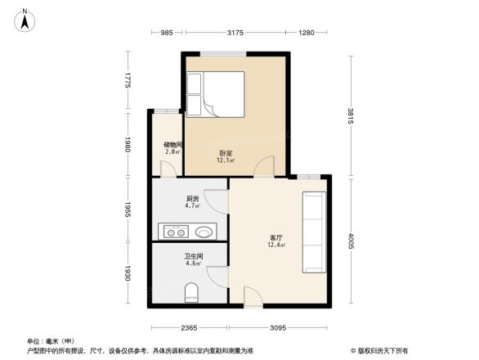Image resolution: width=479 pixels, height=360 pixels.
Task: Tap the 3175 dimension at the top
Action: pos(235,33)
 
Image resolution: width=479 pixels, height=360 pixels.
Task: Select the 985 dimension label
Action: pos(166,33)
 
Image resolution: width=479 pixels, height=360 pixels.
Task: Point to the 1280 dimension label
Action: pos(307,33)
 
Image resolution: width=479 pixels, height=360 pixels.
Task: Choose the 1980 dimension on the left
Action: pos(128,146)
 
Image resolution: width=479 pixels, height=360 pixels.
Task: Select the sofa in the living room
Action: pos(314,232)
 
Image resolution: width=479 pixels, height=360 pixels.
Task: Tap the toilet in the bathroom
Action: pos(192,292)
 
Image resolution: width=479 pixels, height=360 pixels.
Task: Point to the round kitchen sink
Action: pos(203,231)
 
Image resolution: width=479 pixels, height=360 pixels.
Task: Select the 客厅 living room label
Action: pos(276,238)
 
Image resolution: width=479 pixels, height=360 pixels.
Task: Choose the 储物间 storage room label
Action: pos(172,146)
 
